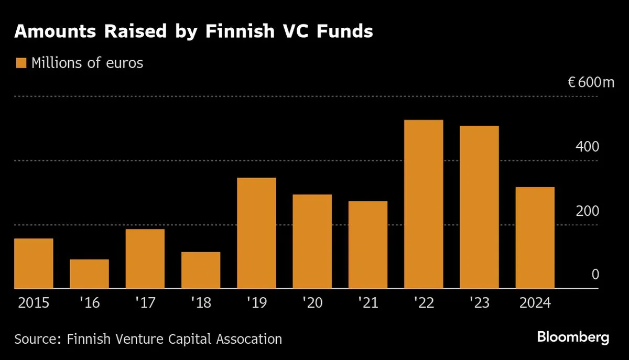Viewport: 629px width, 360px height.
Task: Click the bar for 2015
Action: (34, 263)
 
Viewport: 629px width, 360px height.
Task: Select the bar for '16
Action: (90, 274)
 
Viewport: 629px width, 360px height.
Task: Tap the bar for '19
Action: (256, 233)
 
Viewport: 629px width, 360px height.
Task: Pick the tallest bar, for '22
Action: (424, 204)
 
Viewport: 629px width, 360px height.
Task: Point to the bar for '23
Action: (479, 207)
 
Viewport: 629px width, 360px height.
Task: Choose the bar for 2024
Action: (535, 237)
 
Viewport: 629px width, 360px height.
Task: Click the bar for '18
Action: (201, 270)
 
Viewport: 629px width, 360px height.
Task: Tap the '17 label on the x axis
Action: (145, 303)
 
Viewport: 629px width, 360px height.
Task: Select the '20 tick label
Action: (312, 303)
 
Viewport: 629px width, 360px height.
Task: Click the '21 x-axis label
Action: (367, 303)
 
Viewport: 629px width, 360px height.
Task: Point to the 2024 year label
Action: (535, 303)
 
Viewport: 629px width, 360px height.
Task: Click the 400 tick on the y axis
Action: (587, 147)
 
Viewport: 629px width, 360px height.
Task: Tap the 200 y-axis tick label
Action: (587, 211)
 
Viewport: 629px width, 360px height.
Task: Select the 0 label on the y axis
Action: (595, 275)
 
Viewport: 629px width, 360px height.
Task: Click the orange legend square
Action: (21, 63)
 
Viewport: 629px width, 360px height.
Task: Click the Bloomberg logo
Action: (573, 337)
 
